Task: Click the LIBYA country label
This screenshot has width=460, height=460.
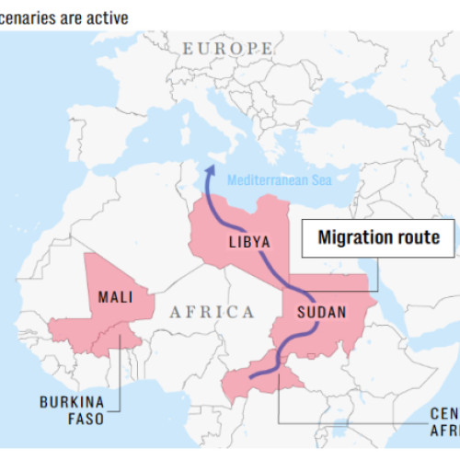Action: point(248,242)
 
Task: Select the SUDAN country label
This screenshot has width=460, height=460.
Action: point(321,312)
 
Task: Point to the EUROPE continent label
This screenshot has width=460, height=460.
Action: point(227,48)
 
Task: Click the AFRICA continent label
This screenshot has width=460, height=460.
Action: point(211,312)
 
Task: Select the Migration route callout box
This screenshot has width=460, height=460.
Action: point(378,237)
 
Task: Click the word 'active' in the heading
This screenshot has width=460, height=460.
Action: point(107,17)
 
